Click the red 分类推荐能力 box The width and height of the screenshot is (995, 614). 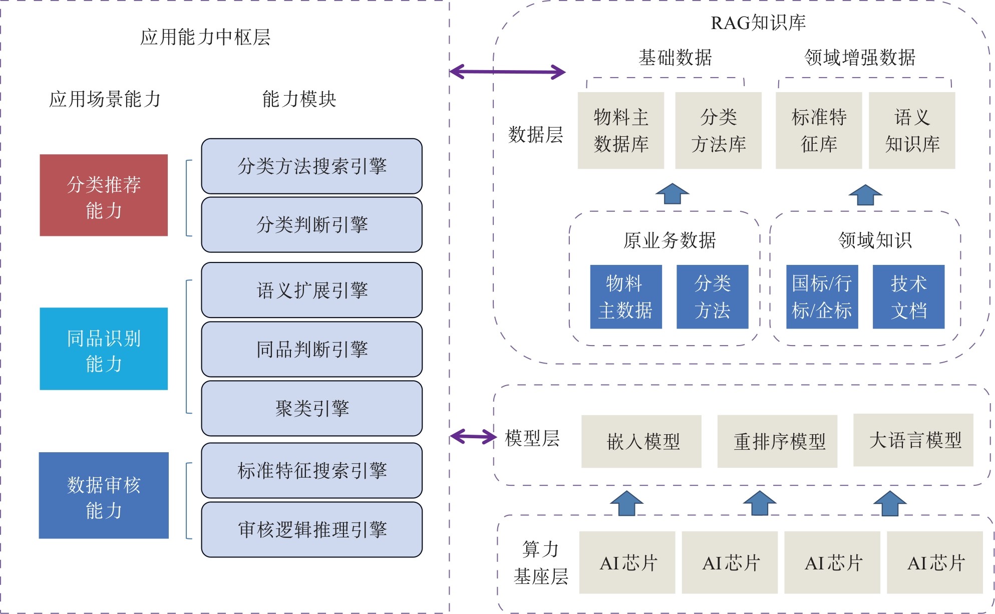[x=104, y=195]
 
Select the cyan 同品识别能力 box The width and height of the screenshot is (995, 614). [x=104, y=349]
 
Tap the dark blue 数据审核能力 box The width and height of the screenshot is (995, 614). [x=104, y=495]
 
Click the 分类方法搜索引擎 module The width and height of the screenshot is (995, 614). [x=311, y=166]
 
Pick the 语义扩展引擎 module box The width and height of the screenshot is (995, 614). [x=311, y=290]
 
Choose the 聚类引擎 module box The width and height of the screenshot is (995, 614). [x=311, y=408]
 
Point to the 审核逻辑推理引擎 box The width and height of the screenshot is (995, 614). [x=311, y=529]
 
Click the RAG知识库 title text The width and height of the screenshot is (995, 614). [x=758, y=23]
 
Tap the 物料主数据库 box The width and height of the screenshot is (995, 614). [x=621, y=130]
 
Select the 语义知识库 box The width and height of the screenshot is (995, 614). [x=912, y=130]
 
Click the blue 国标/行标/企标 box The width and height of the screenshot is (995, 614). [x=822, y=296]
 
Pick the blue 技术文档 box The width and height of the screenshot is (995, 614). [x=908, y=296]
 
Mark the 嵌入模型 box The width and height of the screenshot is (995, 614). [x=641, y=441]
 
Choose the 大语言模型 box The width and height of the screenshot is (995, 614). [x=913, y=440]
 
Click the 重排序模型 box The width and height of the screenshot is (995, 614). [x=777, y=441]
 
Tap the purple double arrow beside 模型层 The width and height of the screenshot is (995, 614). [x=473, y=436]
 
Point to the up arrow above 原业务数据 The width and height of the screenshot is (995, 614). [x=672, y=193]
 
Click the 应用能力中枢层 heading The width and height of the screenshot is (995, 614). [x=205, y=37]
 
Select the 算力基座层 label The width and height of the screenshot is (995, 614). [x=540, y=562]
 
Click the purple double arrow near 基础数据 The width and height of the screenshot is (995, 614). [x=507, y=72]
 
